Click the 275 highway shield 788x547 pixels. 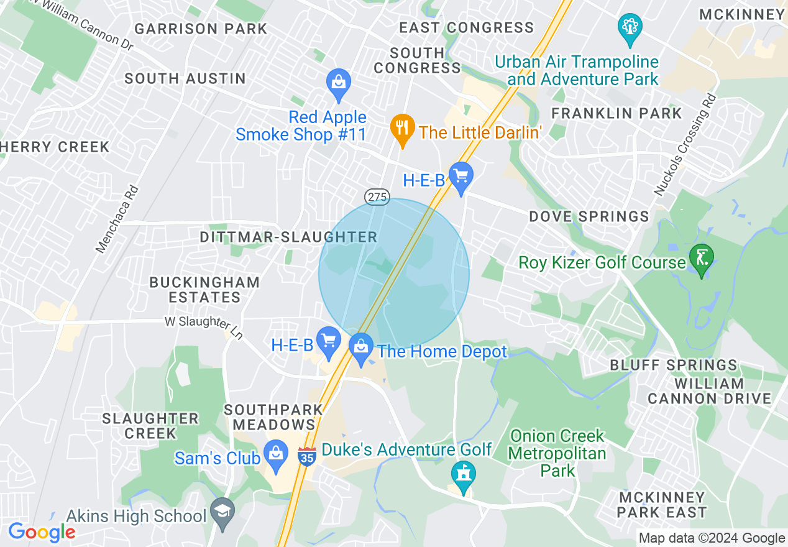pos(377,197)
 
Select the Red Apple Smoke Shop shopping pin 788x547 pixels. pos(339,83)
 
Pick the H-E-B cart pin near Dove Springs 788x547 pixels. pos(461,177)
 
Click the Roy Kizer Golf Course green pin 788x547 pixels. pos(702,259)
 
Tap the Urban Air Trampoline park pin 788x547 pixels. pos(630,28)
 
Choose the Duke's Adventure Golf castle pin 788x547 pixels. pos(464,476)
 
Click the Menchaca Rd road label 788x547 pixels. pos(117,218)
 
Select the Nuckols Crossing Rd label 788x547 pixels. pos(685,144)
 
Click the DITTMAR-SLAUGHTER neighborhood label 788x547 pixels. pos(288,237)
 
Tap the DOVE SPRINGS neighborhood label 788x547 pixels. pos(589,216)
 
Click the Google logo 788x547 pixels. pos(41,532)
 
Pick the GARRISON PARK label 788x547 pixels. pos(201,29)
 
